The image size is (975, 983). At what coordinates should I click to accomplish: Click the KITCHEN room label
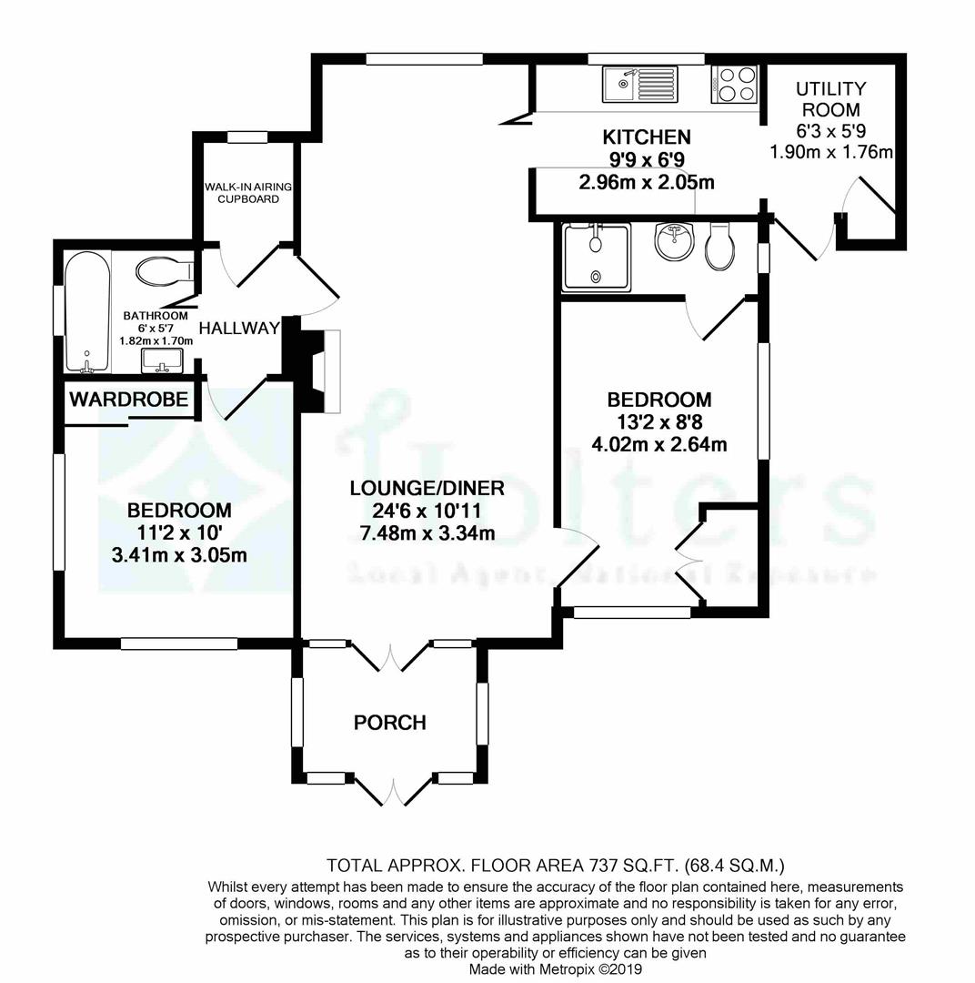point(647,137)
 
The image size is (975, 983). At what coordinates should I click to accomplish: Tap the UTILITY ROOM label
point(830,99)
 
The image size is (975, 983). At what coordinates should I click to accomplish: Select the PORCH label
point(389,723)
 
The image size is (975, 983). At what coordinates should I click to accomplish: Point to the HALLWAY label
point(238,328)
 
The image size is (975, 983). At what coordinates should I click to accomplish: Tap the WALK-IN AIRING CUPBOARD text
point(247,193)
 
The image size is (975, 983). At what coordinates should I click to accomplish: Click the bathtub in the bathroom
point(87,310)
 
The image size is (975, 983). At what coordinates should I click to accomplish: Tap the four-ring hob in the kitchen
point(735,85)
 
